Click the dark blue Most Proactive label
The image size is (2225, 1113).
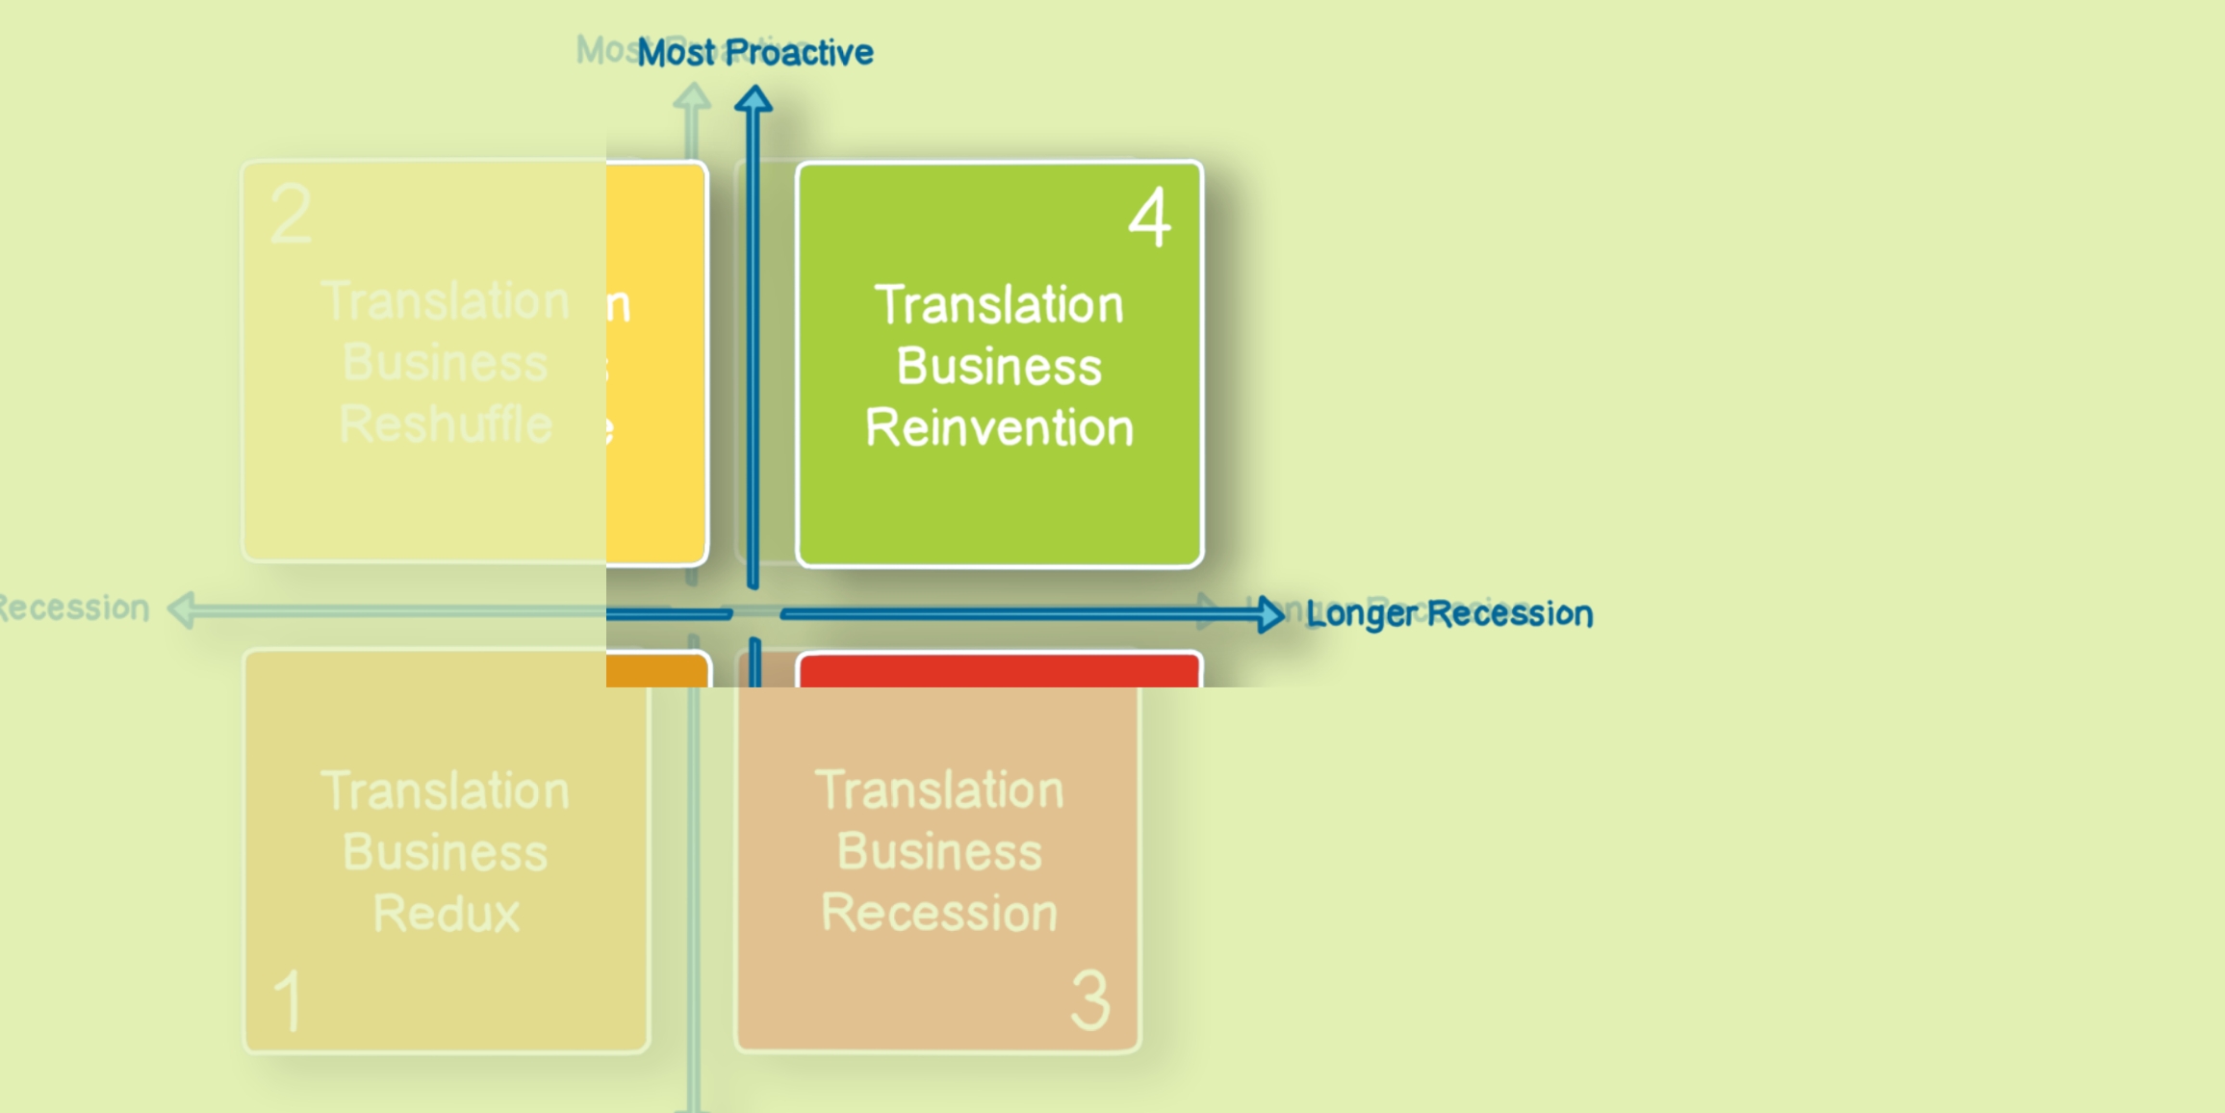point(755,53)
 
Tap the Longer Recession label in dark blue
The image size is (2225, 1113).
point(1449,613)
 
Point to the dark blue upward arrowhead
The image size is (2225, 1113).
point(754,99)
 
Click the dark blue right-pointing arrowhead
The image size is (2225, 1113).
point(1270,613)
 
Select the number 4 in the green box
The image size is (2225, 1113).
point(1150,219)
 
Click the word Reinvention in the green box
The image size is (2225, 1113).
point(1000,427)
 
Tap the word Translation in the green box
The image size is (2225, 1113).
point(1000,305)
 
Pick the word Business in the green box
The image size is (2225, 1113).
point(1000,367)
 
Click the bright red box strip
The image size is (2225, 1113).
point(999,670)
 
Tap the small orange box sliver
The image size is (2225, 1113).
point(656,671)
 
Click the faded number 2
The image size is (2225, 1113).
point(291,215)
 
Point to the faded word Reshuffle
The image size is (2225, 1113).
point(446,425)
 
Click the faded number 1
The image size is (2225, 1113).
point(289,1001)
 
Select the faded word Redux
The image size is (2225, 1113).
point(447,913)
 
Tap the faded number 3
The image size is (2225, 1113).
point(1090,1001)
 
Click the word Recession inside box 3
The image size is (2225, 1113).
point(939,913)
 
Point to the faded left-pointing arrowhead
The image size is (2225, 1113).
point(182,610)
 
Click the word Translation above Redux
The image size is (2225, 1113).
point(446,790)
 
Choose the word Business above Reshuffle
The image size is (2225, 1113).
point(446,363)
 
